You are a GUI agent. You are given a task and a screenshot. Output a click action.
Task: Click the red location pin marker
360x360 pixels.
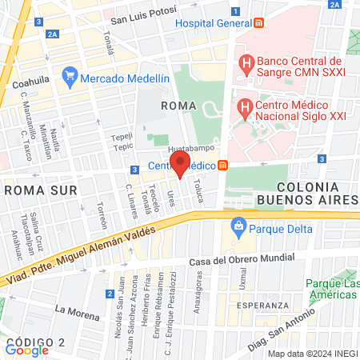pyautogui.click(x=181, y=166)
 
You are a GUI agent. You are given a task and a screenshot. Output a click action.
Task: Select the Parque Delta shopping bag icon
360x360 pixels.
pyautogui.click(x=237, y=226)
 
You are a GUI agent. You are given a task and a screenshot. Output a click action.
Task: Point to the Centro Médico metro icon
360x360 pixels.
pyautogui.click(x=223, y=166)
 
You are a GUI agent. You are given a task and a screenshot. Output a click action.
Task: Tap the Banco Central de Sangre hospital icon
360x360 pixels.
pyautogui.click(x=246, y=62)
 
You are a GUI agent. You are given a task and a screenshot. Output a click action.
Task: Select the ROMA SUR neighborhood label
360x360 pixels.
pyautogui.click(x=40, y=190)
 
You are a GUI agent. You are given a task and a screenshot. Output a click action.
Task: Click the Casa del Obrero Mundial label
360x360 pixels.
pyautogui.click(x=243, y=261)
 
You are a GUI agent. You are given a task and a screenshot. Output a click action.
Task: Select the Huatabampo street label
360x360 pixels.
pyautogui.click(x=191, y=149)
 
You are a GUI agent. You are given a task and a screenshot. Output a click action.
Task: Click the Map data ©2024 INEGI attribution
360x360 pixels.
pyautogui.click(x=312, y=354)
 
